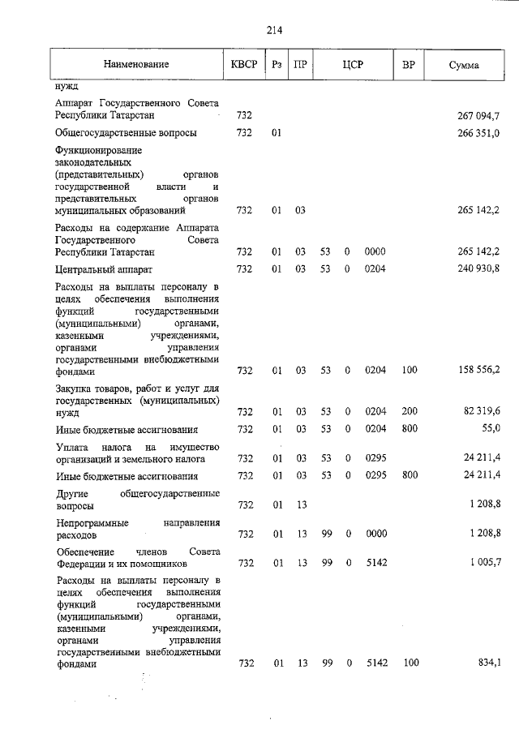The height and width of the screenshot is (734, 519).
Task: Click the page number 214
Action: [273, 31]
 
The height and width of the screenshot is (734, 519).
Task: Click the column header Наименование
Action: [135, 64]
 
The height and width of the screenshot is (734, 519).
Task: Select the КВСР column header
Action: [244, 64]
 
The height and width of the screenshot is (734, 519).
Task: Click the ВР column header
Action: [410, 64]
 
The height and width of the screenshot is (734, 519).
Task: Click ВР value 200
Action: [410, 411]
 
